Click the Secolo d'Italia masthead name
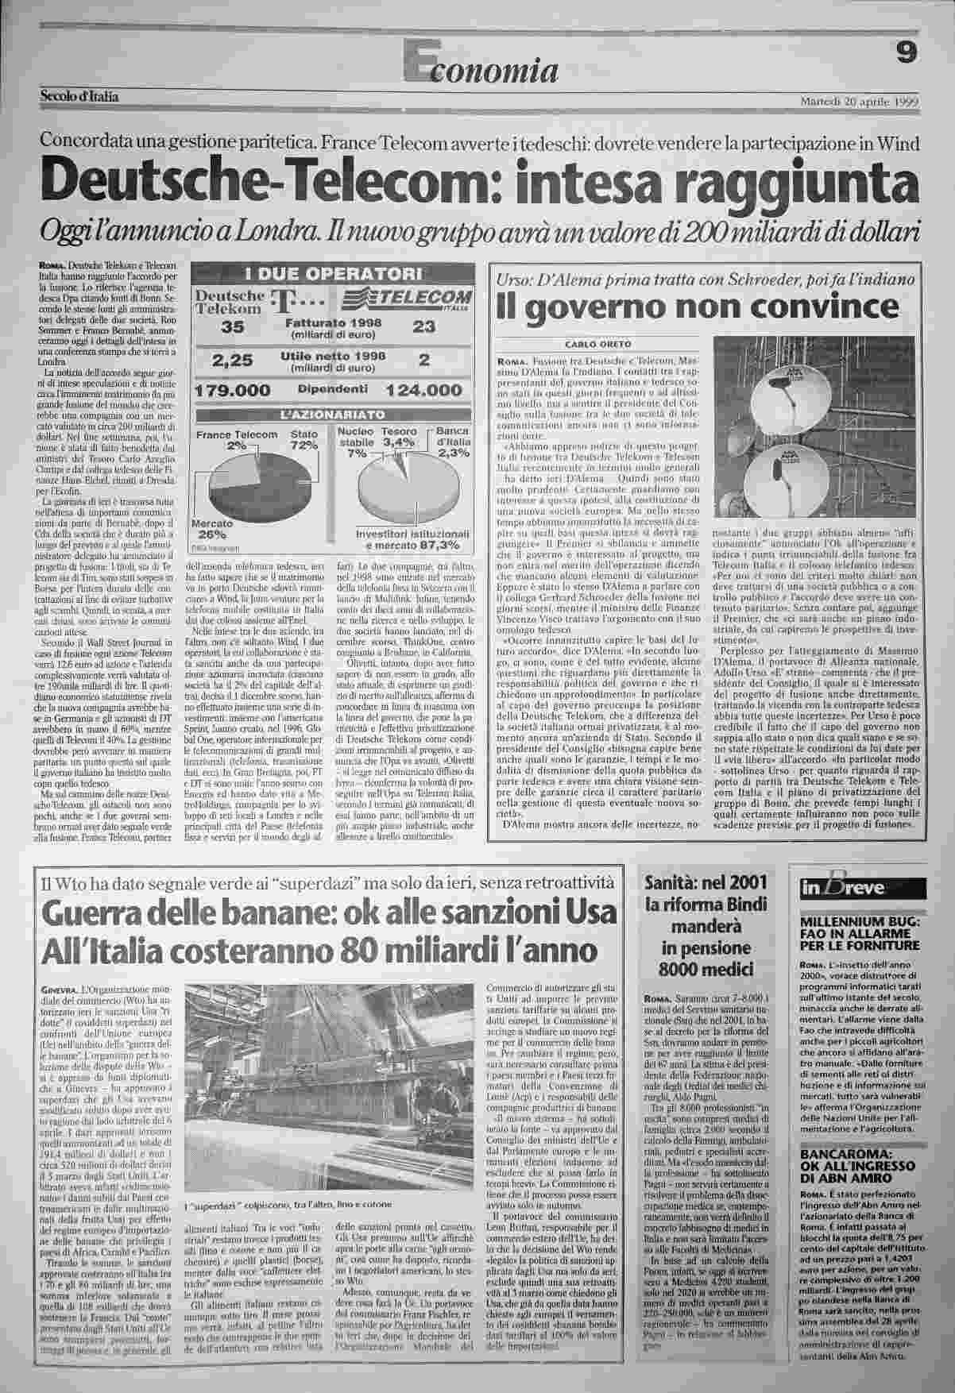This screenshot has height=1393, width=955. (x=79, y=97)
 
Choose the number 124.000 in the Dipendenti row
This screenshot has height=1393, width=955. (x=422, y=391)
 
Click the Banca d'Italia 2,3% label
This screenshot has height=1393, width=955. (x=454, y=442)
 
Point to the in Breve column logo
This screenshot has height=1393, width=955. (x=835, y=889)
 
